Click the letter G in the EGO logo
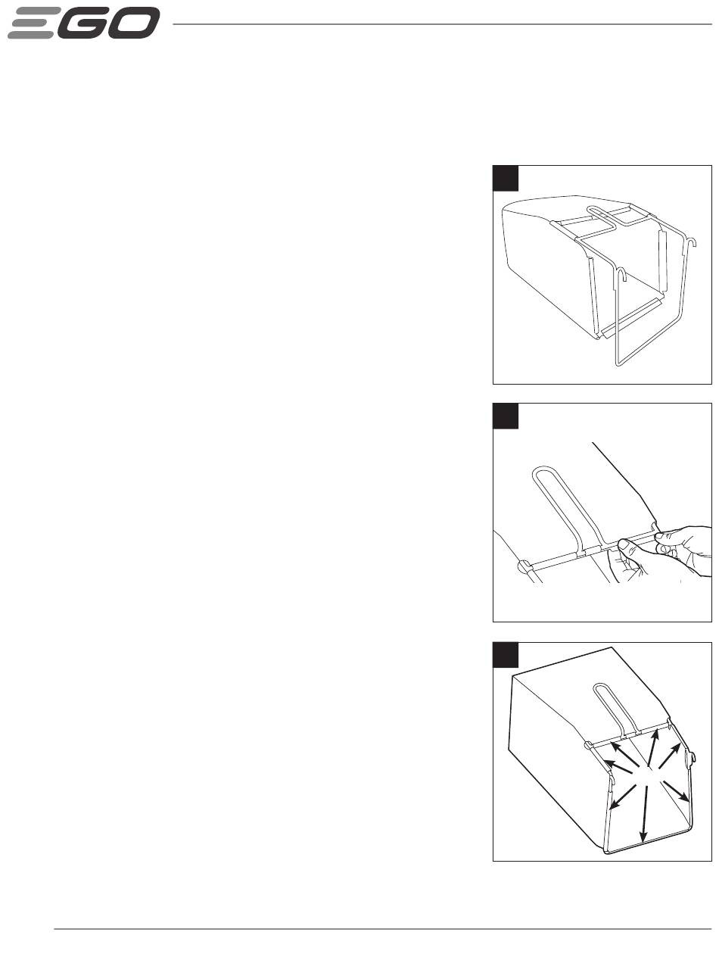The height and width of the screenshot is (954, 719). tap(86, 23)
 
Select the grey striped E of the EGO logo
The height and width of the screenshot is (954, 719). tap(34, 23)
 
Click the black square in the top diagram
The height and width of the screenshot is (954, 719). tap(506, 178)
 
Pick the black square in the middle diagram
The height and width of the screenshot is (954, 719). tap(506, 416)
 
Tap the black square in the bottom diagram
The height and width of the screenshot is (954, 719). tap(506, 655)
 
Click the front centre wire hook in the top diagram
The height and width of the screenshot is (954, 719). tap(621, 274)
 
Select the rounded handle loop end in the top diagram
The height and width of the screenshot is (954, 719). tap(592, 210)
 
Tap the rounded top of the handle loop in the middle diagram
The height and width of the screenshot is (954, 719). tap(542, 470)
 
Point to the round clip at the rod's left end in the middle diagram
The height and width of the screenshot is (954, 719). tap(524, 566)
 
